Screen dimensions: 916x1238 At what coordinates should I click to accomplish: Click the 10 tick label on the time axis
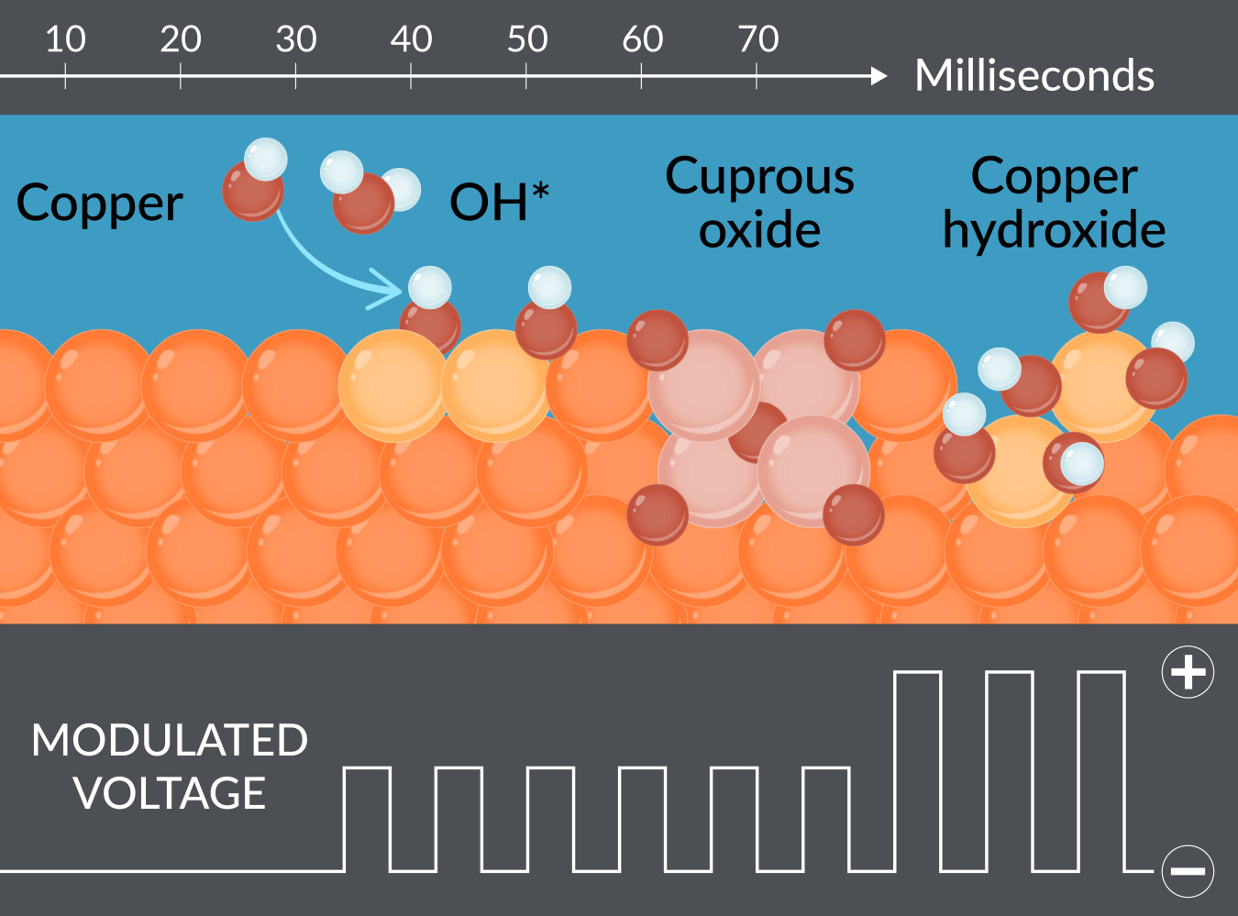(65, 39)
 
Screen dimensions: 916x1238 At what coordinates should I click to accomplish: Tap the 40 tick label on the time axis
(411, 39)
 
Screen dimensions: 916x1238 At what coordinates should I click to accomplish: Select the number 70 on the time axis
(757, 39)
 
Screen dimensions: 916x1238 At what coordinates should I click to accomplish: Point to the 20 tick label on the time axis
(180, 39)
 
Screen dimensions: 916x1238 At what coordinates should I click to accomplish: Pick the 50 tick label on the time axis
(526, 39)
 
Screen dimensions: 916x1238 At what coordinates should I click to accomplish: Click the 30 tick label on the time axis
(295, 39)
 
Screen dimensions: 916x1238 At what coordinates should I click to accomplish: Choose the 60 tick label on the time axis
(642, 39)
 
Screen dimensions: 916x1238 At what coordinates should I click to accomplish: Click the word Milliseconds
(1034, 75)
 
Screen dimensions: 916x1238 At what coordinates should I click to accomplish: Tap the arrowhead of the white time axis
(879, 76)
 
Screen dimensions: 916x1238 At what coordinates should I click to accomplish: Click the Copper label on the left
(99, 204)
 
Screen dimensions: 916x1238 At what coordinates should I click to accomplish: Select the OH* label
(499, 202)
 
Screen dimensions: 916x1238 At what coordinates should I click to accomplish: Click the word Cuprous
(759, 176)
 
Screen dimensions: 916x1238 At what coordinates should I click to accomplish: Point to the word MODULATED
(170, 740)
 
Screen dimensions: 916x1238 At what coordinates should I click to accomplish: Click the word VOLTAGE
(170, 793)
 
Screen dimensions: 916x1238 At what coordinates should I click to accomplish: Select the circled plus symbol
(1188, 672)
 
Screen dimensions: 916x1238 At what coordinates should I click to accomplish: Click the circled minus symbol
(1188, 870)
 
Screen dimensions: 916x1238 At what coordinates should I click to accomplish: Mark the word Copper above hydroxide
(1054, 176)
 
